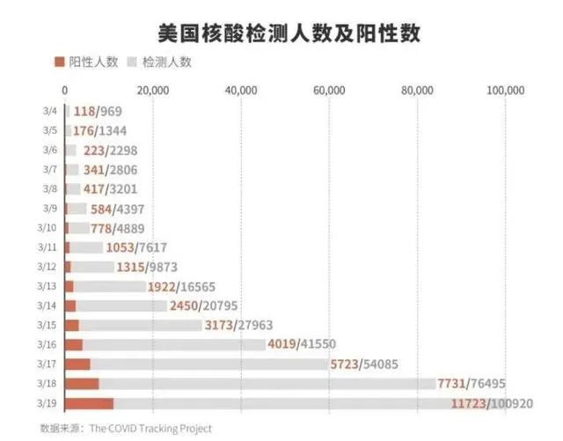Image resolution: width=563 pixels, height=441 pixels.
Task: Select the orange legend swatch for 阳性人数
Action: tap(60, 62)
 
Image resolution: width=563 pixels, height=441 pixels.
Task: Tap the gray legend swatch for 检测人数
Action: tap(133, 62)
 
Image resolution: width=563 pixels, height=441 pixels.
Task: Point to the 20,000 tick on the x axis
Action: tap(153, 90)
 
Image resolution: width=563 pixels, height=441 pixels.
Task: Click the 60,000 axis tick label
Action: tap(328, 90)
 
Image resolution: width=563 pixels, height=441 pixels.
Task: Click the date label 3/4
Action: tap(50, 111)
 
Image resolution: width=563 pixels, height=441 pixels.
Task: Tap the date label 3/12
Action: tap(48, 267)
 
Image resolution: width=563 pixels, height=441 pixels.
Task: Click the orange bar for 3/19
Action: tap(89, 402)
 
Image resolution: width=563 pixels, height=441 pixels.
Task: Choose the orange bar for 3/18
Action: tap(82, 383)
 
